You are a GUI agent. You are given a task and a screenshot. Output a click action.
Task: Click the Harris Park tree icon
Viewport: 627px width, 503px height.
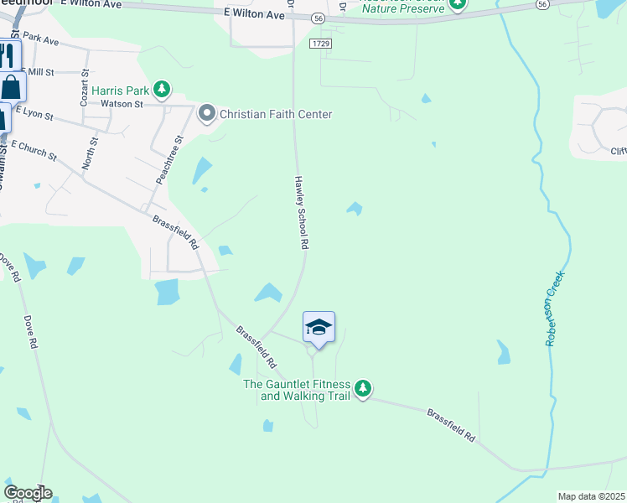click(x=162, y=89)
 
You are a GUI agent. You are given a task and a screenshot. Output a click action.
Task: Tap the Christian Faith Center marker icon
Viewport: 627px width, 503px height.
click(x=207, y=113)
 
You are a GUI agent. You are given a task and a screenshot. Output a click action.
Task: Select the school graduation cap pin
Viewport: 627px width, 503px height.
click(x=319, y=327)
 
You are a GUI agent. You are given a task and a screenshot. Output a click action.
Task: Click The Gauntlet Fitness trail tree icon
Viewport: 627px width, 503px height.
click(x=362, y=389)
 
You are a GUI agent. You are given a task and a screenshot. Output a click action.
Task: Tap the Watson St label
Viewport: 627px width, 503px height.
click(x=122, y=104)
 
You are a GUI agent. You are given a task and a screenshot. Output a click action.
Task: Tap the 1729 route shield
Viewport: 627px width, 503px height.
click(x=321, y=43)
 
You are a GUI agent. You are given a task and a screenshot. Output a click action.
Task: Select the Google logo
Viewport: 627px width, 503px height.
click(x=27, y=493)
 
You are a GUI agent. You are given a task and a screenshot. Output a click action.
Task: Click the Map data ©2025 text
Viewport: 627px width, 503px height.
click(x=591, y=496)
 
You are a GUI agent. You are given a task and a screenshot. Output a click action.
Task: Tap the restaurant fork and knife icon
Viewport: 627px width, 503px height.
click(x=7, y=56)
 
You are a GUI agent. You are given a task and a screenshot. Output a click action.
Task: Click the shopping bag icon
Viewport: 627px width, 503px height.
click(x=11, y=86)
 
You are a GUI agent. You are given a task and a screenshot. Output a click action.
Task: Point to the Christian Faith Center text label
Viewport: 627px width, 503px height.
click(x=277, y=114)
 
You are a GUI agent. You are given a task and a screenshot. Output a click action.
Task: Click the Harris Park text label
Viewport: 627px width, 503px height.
click(x=121, y=90)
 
